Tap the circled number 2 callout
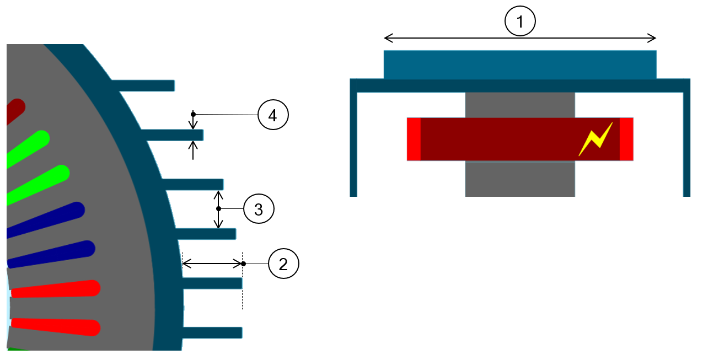[x=283, y=264]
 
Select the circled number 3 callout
[x=259, y=209]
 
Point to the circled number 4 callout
[x=273, y=115]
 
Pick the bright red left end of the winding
[x=414, y=139]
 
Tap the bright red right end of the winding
[x=626, y=139]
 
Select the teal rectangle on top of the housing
[x=520, y=65]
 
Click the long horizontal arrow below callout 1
[x=520, y=38]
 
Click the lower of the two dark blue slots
[x=55, y=253]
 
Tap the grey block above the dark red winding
[x=520, y=105]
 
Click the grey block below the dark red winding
[x=520, y=179]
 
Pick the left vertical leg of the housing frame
[x=353, y=143]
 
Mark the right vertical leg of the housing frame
[x=686, y=143]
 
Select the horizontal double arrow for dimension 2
[x=212, y=264]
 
